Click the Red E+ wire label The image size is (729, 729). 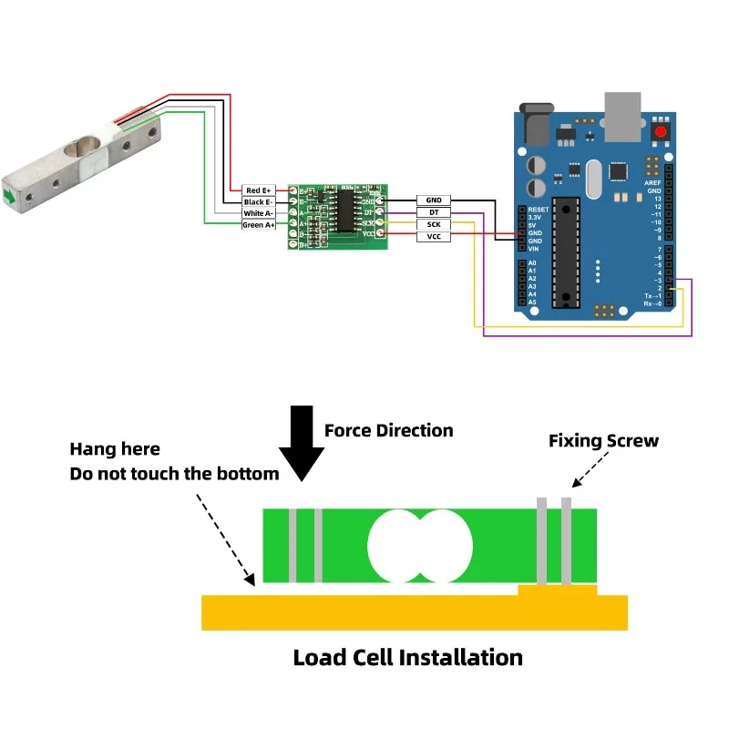click(x=259, y=190)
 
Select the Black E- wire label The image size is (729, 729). click(x=259, y=201)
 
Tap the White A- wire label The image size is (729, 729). click(x=259, y=213)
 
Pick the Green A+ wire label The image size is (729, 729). click(x=259, y=224)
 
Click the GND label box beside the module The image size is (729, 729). click(x=434, y=199)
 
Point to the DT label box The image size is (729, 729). click(x=434, y=211)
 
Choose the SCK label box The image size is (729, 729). click(x=434, y=224)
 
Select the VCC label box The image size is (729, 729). click(x=434, y=237)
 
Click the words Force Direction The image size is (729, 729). click(x=388, y=430)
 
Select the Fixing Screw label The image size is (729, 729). click(x=603, y=441)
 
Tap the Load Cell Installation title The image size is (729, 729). click(x=407, y=657)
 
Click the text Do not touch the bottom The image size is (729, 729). click(x=174, y=474)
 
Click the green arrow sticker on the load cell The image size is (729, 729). click(x=9, y=195)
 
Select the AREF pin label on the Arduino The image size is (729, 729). click(x=652, y=182)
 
